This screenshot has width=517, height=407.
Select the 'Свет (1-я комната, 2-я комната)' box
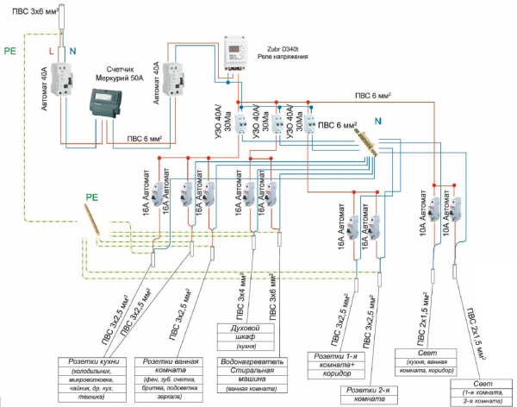pos(482,392)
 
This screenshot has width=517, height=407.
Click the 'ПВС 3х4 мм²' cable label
pos(246,294)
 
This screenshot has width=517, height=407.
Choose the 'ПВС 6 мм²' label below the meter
pos(154,136)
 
